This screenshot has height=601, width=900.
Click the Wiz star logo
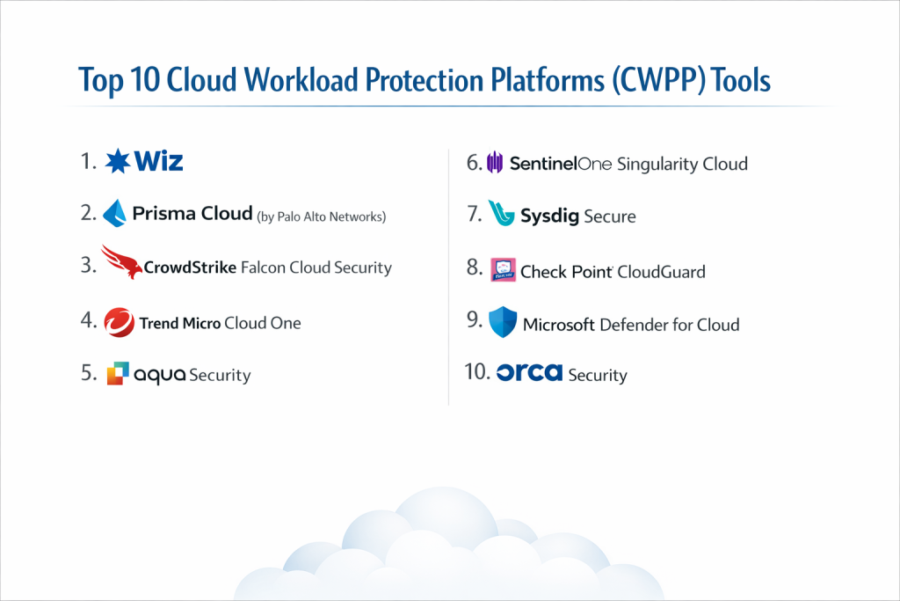118,161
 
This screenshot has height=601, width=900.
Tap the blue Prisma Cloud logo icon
114,213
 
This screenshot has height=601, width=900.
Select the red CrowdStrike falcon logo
121,262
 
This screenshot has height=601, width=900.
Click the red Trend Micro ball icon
120,322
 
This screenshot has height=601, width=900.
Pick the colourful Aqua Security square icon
118,373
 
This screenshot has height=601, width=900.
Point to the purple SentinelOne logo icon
495,163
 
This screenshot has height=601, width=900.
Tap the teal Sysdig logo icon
501,213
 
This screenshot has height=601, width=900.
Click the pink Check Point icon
503,269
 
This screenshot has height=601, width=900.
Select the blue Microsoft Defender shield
503,322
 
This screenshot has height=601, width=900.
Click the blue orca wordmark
529,372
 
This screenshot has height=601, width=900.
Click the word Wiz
158,161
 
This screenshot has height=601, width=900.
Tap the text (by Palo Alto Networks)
322,216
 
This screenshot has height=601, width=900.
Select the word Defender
634,325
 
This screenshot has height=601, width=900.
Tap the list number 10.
477,371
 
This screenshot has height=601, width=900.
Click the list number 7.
474,214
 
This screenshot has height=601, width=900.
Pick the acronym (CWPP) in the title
658,80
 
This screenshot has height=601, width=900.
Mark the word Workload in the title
301,79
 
